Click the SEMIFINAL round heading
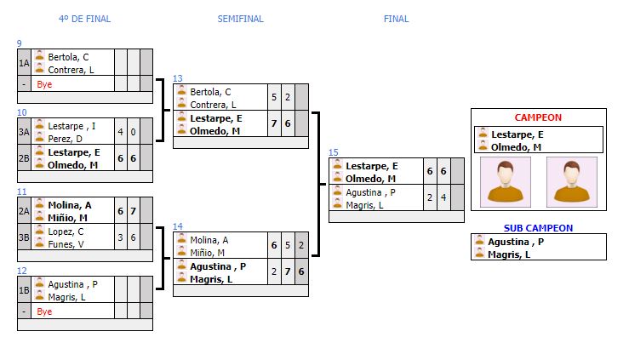coord(240,19)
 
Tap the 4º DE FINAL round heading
coord(84,19)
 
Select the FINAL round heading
coord(396,19)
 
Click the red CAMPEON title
coord(538,117)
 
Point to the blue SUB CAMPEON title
coord(538,228)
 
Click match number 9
coord(20,43)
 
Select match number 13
coord(178,78)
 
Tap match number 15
coord(334,152)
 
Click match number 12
coord(22,271)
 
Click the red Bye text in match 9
coord(44,84)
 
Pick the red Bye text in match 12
coord(44,311)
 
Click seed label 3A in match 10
coord(25,131)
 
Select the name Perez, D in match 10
coord(66,138)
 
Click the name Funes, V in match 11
coord(66,243)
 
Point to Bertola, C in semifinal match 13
coord(210,92)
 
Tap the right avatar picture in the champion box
coord(571,181)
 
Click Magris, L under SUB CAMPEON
coord(509,254)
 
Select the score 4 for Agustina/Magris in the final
coord(443,197)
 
